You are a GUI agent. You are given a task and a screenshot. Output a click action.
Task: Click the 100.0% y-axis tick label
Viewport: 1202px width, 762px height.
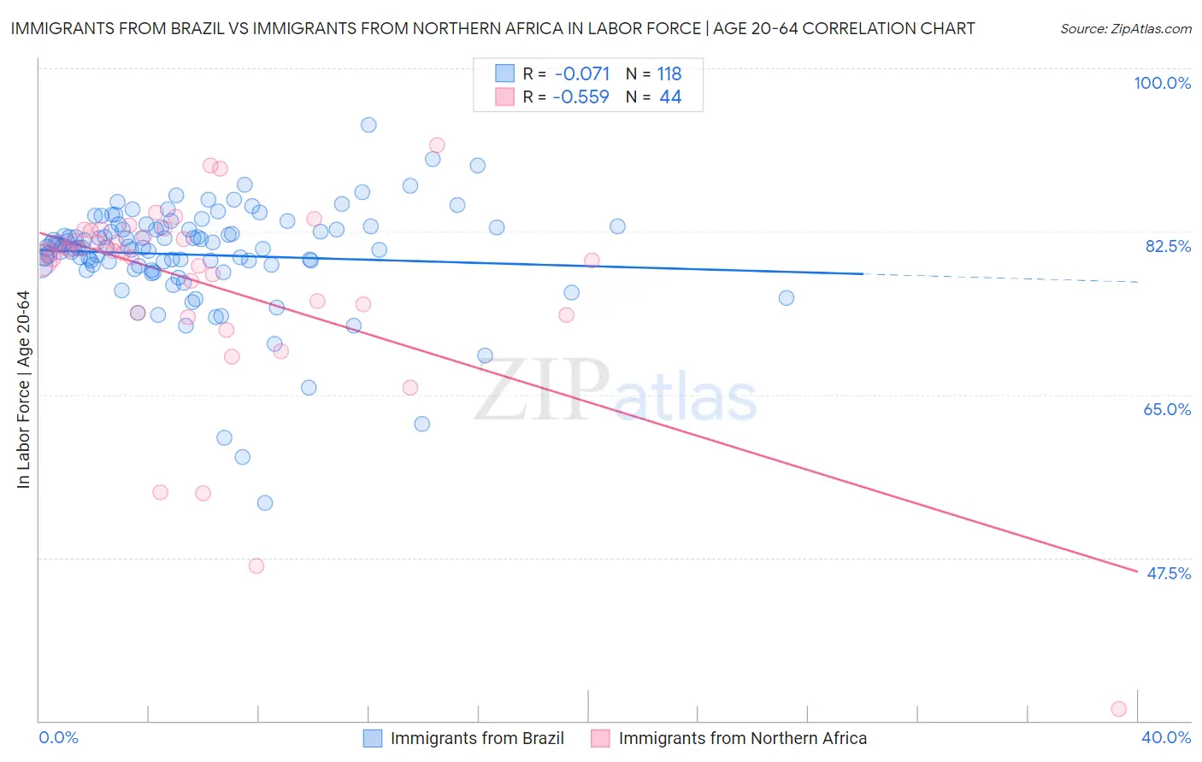[1162, 83]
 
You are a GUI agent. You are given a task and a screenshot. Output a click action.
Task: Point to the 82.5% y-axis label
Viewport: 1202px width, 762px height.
[1168, 246]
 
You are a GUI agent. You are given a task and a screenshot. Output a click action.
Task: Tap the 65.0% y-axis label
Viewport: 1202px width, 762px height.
[1167, 409]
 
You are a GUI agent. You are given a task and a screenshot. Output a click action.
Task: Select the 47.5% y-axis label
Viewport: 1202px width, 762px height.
[1168, 573]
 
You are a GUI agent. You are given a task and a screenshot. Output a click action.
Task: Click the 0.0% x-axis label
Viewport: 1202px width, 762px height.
[58, 737]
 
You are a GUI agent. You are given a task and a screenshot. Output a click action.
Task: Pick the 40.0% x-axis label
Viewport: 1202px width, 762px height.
[1166, 737]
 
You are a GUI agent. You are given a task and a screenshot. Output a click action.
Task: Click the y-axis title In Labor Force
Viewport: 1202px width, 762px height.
[23, 390]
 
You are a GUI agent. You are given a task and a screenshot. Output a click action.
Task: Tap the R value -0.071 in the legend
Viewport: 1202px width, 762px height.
[581, 74]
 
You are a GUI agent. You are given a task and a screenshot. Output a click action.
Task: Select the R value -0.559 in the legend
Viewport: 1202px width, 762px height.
[581, 97]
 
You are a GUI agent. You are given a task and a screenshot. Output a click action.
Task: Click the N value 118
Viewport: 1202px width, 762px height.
[669, 74]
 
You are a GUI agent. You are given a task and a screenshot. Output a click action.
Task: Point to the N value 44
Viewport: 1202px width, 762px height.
[670, 97]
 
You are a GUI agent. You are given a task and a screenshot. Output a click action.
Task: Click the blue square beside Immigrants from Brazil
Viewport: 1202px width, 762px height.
[373, 738]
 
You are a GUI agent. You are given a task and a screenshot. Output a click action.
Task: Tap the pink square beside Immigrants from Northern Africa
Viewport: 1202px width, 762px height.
[600, 738]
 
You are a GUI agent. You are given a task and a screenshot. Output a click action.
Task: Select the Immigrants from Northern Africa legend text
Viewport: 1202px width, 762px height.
[742, 738]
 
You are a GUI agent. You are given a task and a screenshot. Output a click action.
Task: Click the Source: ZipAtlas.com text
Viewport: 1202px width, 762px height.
[1125, 28]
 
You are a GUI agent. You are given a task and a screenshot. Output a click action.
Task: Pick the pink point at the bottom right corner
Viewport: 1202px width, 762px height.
[1118, 709]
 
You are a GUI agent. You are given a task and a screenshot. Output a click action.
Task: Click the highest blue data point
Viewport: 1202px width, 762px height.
[368, 125]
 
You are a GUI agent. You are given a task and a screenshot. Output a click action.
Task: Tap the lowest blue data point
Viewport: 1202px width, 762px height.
[265, 503]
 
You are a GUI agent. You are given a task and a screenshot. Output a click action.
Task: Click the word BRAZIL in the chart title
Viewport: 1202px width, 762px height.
[188, 28]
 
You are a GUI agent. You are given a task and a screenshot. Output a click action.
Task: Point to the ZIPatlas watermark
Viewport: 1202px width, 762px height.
[616, 391]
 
